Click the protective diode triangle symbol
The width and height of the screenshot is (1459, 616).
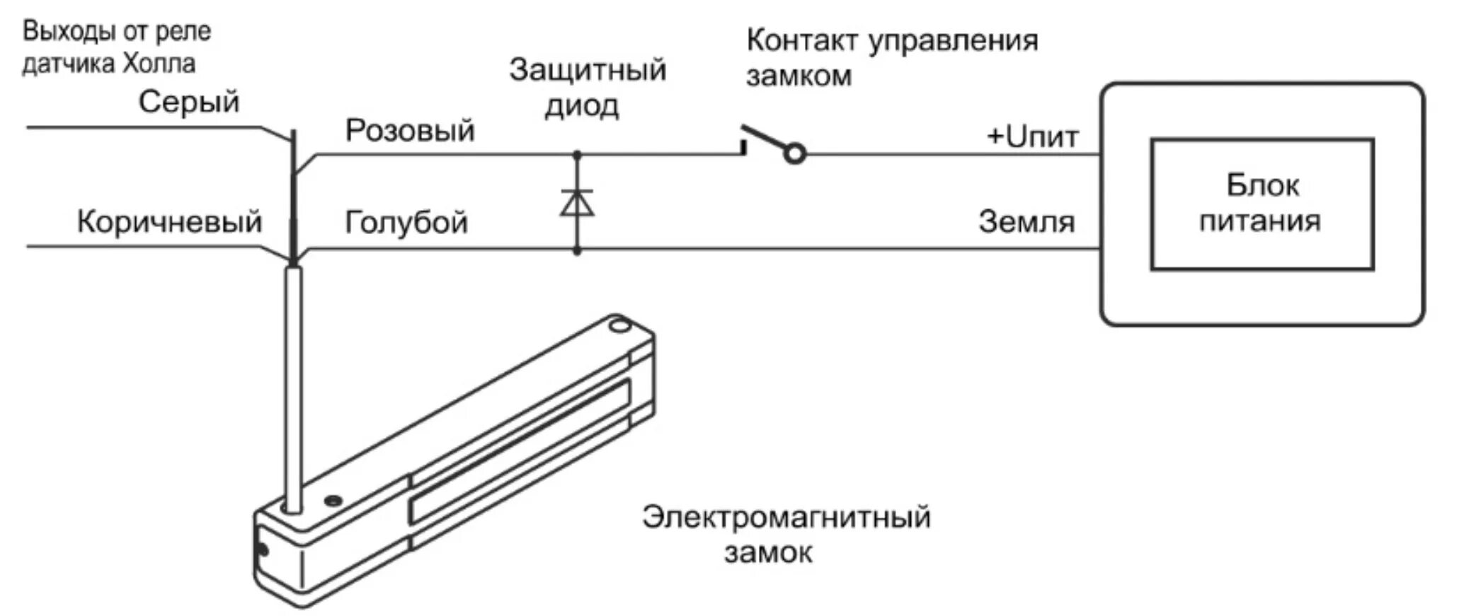click(577, 202)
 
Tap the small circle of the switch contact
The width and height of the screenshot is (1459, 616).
click(796, 153)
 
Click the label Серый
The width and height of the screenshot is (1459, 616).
click(189, 102)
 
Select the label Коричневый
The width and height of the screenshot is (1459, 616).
click(169, 221)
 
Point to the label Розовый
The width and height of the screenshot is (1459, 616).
click(410, 130)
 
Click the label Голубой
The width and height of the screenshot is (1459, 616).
click(406, 222)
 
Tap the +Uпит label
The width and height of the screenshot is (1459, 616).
click(1032, 136)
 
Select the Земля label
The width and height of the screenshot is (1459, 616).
click(1026, 222)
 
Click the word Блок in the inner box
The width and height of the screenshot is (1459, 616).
click(1262, 185)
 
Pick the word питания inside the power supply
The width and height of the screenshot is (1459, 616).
click(1260, 221)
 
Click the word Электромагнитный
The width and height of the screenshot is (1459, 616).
click(786, 517)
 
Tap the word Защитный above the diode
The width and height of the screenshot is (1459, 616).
click(588, 70)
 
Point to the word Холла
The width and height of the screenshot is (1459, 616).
click(159, 64)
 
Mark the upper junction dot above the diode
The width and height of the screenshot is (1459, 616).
click(577, 154)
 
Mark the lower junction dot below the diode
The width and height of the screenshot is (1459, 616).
click(577, 250)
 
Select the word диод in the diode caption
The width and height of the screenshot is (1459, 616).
click(581, 106)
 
